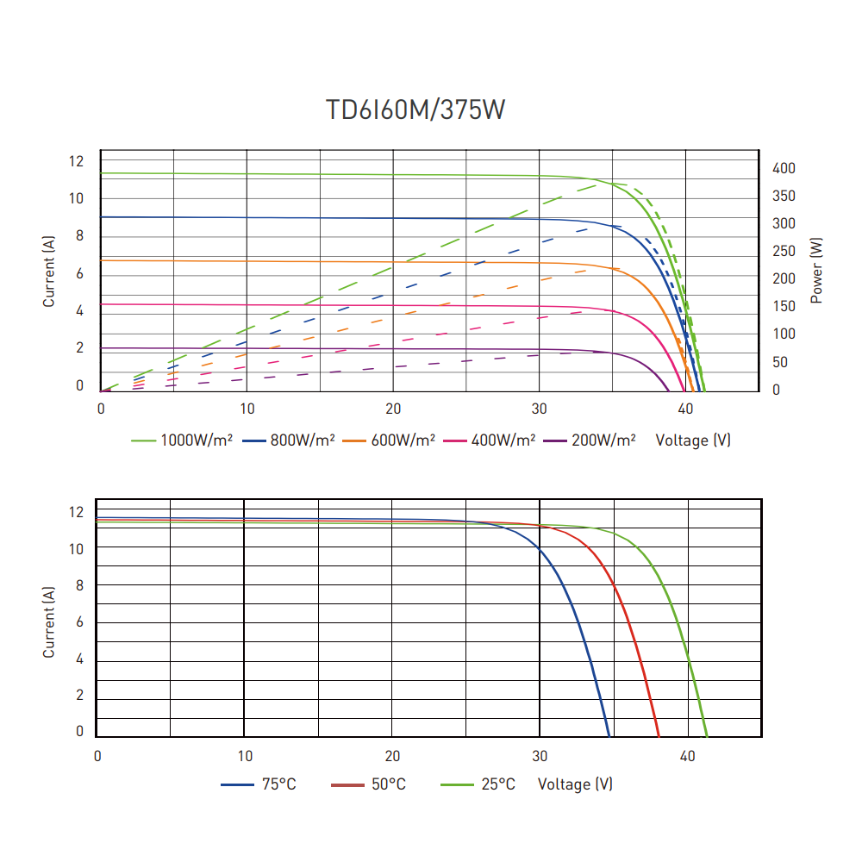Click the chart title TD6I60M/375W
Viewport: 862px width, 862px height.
415,111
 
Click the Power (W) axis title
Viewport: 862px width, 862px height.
816,272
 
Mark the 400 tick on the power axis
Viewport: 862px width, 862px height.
784,168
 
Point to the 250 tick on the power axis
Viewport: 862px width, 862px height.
784,251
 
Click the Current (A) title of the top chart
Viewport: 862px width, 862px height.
49,272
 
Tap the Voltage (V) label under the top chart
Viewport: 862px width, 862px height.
693,440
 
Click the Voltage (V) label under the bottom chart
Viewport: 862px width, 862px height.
575,784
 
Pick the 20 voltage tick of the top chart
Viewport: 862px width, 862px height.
393,409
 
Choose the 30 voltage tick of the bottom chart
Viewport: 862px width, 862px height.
540,756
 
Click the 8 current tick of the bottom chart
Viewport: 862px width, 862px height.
79,585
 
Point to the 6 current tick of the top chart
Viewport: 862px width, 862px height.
79,273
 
